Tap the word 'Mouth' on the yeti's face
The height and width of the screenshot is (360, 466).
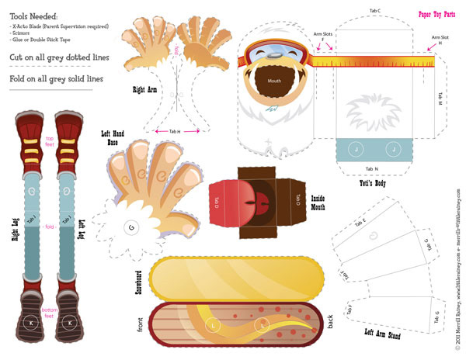pos(274,81)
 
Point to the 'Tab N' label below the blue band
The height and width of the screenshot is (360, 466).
pos(371,168)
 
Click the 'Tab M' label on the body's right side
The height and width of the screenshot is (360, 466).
pos(440,97)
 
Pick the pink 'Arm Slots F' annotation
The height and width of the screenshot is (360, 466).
pos(322,36)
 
